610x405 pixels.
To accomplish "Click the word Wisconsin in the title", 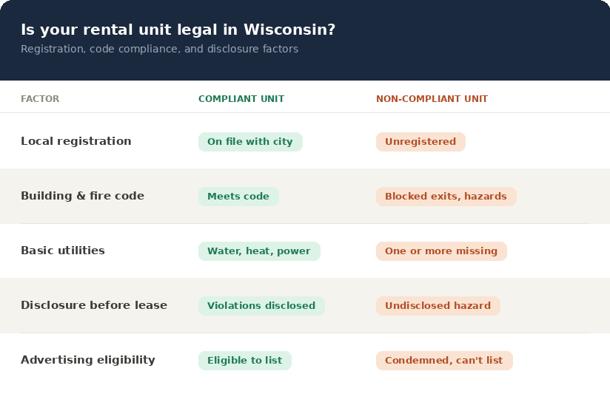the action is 289,30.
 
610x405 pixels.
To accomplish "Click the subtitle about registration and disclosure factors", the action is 159,49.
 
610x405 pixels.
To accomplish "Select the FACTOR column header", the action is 40,98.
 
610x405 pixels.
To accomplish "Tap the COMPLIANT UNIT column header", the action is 241,98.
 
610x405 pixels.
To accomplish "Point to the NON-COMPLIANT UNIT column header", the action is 432,98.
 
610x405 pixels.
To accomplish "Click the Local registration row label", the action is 76,141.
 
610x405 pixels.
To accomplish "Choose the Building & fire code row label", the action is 82,196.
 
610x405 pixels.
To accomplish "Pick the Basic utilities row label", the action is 63,251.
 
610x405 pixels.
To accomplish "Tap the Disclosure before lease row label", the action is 94,305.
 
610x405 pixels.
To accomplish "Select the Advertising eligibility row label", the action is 88,360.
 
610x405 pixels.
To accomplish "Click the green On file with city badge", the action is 250,142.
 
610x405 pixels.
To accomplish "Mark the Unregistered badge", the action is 420,142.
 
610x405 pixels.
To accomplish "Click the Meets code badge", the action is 238,197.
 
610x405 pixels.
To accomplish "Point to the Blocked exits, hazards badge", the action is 446,197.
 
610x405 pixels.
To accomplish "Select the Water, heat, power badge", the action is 259,251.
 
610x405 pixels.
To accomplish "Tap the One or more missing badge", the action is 441,251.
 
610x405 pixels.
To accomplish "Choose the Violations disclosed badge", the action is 261,306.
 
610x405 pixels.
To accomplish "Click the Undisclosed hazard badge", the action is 438,306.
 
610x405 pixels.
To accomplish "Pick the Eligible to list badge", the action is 245,361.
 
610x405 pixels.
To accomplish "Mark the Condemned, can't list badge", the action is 444,361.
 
